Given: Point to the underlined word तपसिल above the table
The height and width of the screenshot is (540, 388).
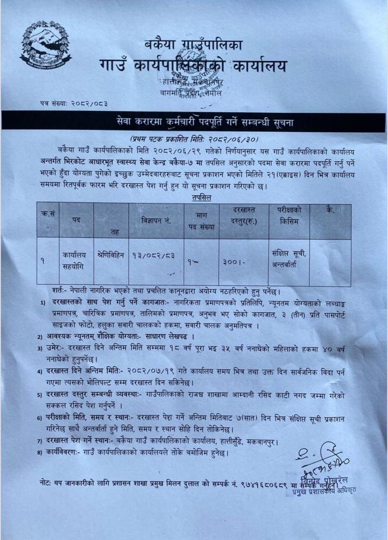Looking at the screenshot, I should tap(202, 196).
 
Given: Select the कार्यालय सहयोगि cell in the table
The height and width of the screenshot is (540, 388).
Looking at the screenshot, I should tap(75, 259).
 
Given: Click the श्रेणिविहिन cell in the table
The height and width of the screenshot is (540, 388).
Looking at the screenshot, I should tap(110, 255).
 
